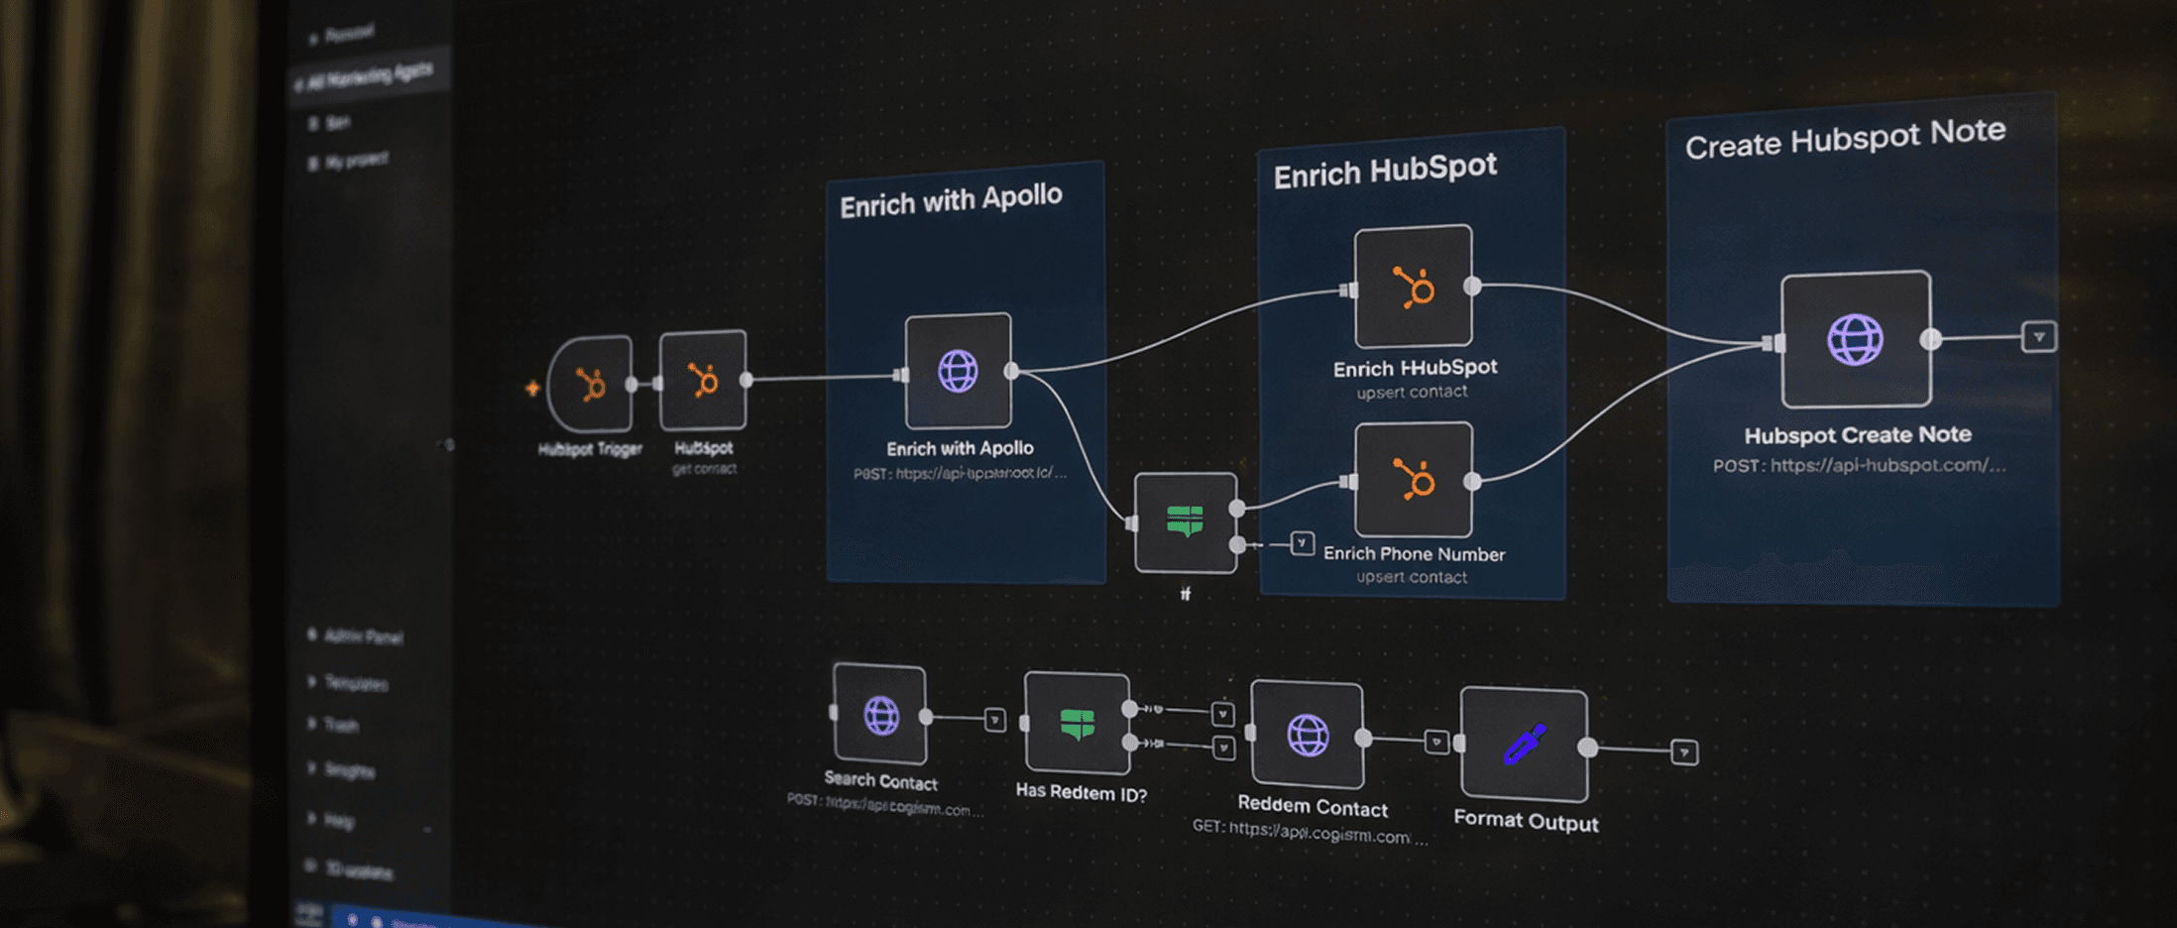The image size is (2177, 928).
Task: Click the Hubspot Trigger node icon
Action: click(x=592, y=385)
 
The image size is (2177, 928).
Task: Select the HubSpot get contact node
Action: click(x=703, y=381)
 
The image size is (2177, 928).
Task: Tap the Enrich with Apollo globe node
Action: click(x=958, y=372)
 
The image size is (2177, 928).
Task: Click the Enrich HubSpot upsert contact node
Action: click(x=1414, y=288)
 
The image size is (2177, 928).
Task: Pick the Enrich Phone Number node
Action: click(x=1414, y=481)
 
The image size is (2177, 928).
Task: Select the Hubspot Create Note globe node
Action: click(x=1856, y=339)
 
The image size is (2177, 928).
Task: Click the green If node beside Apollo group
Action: click(x=1186, y=522)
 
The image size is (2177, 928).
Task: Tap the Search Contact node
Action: click(x=880, y=715)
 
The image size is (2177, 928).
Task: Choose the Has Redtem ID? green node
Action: click(x=1078, y=724)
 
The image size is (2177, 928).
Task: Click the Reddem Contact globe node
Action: click(x=1308, y=735)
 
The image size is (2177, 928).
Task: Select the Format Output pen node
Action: click(x=1525, y=744)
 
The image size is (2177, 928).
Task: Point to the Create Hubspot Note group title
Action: click(x=1845, y=139)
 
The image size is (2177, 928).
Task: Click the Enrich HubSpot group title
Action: click(x=1385, y=171)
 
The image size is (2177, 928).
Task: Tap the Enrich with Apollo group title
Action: click(x=951, y=200)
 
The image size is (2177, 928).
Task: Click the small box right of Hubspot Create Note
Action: click(x=2039, y=337)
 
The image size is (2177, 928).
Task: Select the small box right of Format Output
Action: click(x=1684, y=753)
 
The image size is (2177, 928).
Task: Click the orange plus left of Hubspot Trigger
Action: click(x=532, y=388)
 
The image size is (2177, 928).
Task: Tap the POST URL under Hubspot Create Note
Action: click(x=1860, y=465)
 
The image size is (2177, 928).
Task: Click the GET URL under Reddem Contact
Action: click(x=1310, y=832)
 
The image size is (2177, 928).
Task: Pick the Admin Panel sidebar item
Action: click(x=363, y=637)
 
